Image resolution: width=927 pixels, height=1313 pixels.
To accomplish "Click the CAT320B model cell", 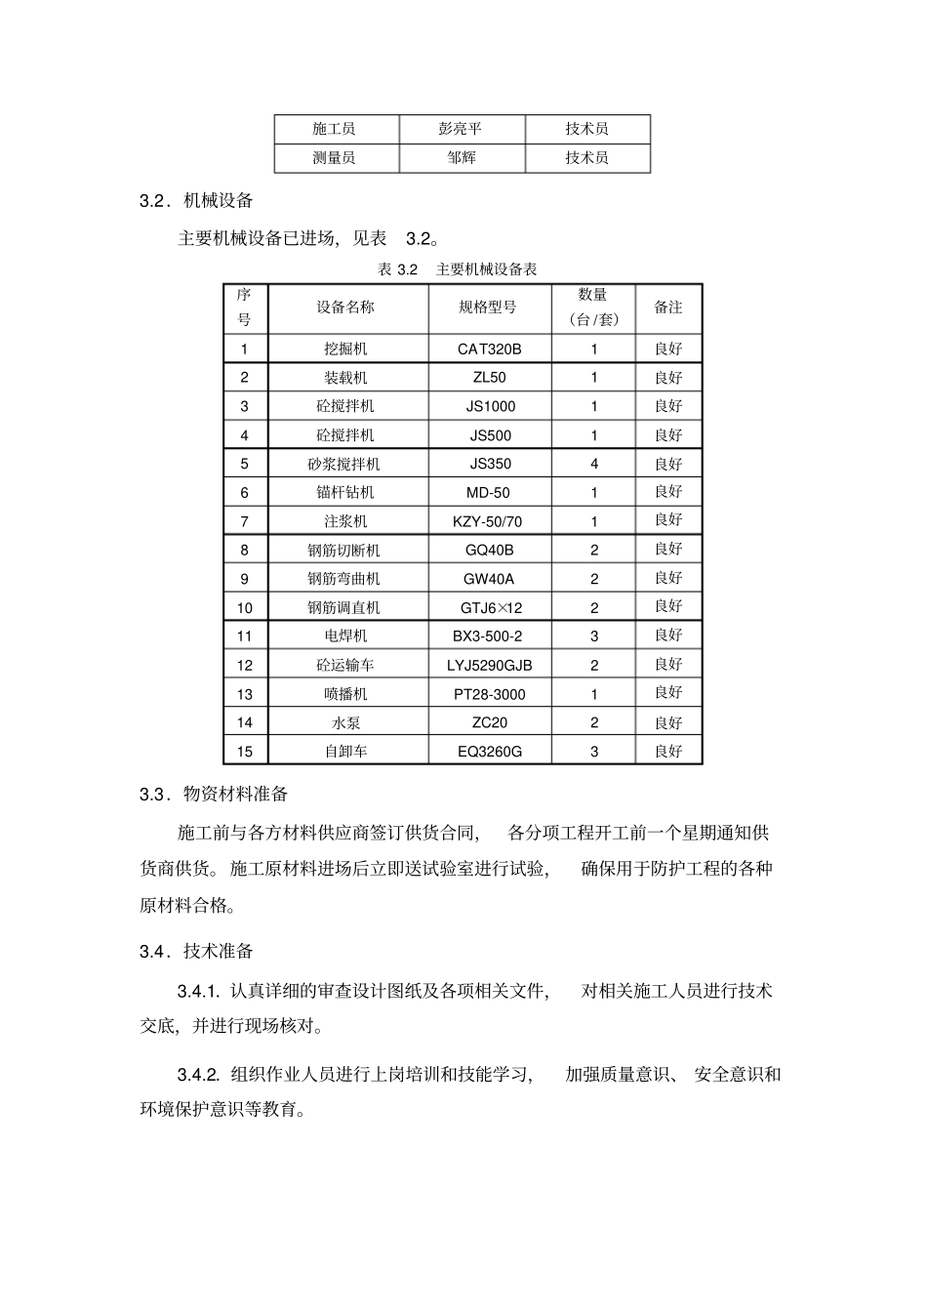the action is tap(490, 349).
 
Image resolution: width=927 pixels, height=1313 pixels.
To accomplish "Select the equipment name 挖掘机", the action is tap(345, 349).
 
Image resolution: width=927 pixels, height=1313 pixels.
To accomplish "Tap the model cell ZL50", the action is tap(490, 377).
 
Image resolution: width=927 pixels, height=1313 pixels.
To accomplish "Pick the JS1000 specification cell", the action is tap(490, 406).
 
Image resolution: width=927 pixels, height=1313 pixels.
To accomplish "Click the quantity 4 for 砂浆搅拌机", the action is tap(593, 464).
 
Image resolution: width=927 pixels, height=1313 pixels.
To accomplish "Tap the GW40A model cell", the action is tap(489, 579).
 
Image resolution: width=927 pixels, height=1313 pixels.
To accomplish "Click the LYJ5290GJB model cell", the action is tap(490, 665).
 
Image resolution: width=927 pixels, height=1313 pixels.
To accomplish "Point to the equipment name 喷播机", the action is tap(345, 694).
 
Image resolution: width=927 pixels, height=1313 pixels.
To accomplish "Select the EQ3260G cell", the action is tap(490, 752).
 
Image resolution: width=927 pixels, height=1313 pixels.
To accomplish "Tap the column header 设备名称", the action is tap(345, 307).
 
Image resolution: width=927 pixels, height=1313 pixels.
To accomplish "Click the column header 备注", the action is tap(668, 307).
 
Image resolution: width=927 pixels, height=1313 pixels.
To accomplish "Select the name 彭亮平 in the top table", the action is tap(461, 129).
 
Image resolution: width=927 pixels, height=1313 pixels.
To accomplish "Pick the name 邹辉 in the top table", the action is tap(462, 157).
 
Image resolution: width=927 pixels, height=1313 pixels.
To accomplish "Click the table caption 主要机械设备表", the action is tap(486, 269).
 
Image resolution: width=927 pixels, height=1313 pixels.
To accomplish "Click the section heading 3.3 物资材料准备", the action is tap(214, 794).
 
